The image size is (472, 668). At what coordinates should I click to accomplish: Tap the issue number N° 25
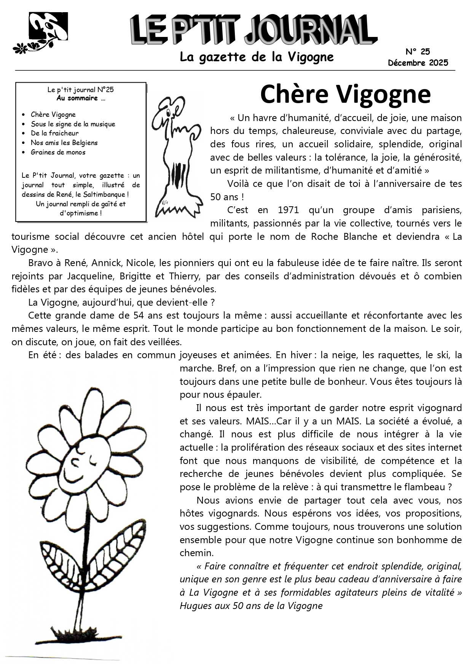click(x=418, y=52)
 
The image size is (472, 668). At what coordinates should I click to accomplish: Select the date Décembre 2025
click(x=418, y=63)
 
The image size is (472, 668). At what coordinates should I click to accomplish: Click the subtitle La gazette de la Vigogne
click(x=257, y=57)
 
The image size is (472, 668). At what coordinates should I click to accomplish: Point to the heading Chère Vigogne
click(x=345, y=94)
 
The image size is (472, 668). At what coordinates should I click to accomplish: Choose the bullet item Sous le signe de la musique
click(x=73, y=124)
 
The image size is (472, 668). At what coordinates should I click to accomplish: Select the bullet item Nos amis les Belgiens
click(x=64, y=143)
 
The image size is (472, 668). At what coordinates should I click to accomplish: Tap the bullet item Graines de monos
click(x=58, y=152)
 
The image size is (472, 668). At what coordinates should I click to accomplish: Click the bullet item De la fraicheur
click(x=54, y=133)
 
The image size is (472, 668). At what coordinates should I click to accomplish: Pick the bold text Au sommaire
click(x=80, y=98)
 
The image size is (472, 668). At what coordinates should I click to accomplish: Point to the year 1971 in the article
click(x=290, y=210)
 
